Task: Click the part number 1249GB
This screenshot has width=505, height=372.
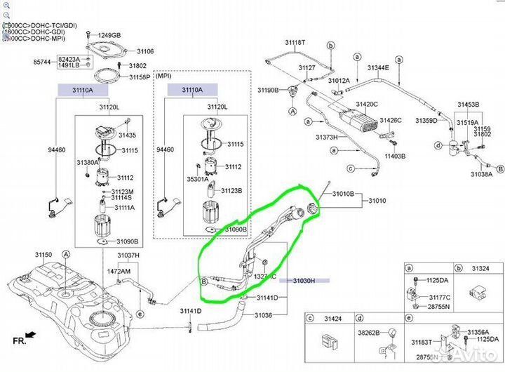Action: (x=109, y=35)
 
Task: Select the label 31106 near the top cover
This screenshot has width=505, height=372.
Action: (x=144, y=51)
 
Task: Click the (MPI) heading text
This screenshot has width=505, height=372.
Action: (x=165, y=74)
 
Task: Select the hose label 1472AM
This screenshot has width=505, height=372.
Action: (x=119, y=270)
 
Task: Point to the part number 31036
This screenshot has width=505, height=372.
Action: (x=262, y=314)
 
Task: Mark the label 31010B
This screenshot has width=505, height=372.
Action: (x=344, y=193)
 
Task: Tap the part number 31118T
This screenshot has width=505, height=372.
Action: (x=295, y=43)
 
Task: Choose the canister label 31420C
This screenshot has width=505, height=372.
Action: (x=366, y=104)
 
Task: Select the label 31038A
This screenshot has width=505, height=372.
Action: (x=482, y=174)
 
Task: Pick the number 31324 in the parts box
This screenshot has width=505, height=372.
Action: (x=480, y=268)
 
